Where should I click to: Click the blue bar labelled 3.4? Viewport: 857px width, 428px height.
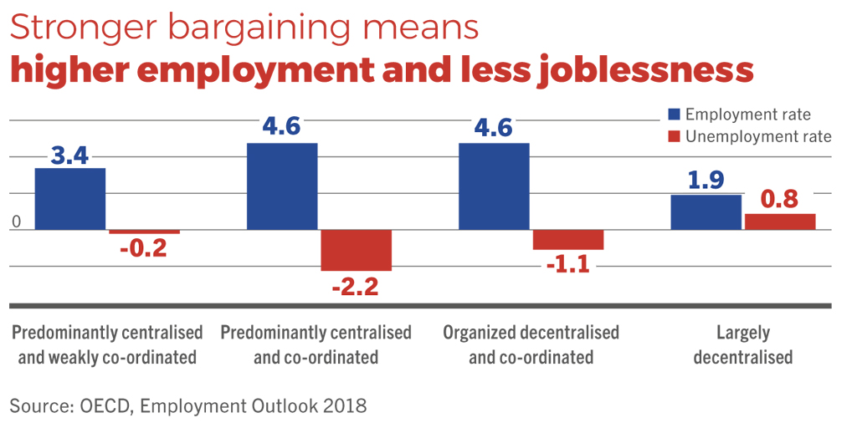click(x=70, y=199)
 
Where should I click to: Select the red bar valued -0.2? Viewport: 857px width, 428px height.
click(x=144, y=232)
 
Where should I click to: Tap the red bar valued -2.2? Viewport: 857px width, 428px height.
click(x=357, y=250)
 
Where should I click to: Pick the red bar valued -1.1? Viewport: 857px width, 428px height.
click(x=568, y=239)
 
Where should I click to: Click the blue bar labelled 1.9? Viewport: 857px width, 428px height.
click(x=706, y=212)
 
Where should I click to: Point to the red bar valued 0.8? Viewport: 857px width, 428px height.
click(x=780, y=222)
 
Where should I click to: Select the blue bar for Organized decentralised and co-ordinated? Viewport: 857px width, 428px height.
click(x=495, y=186)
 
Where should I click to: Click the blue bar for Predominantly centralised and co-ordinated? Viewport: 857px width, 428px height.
click(x=282, y=186)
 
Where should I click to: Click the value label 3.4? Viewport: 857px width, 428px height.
click(x=70, y=155)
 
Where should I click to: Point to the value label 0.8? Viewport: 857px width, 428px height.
click(x=779, y=200)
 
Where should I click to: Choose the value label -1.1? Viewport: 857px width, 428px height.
click(x=568, y=265)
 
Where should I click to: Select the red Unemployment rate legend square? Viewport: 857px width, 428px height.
click(x=673, y=136)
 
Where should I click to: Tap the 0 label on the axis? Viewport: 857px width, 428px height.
click(x=15, y=223)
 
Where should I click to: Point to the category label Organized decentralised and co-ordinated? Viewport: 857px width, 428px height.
click(x=531, y=344)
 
